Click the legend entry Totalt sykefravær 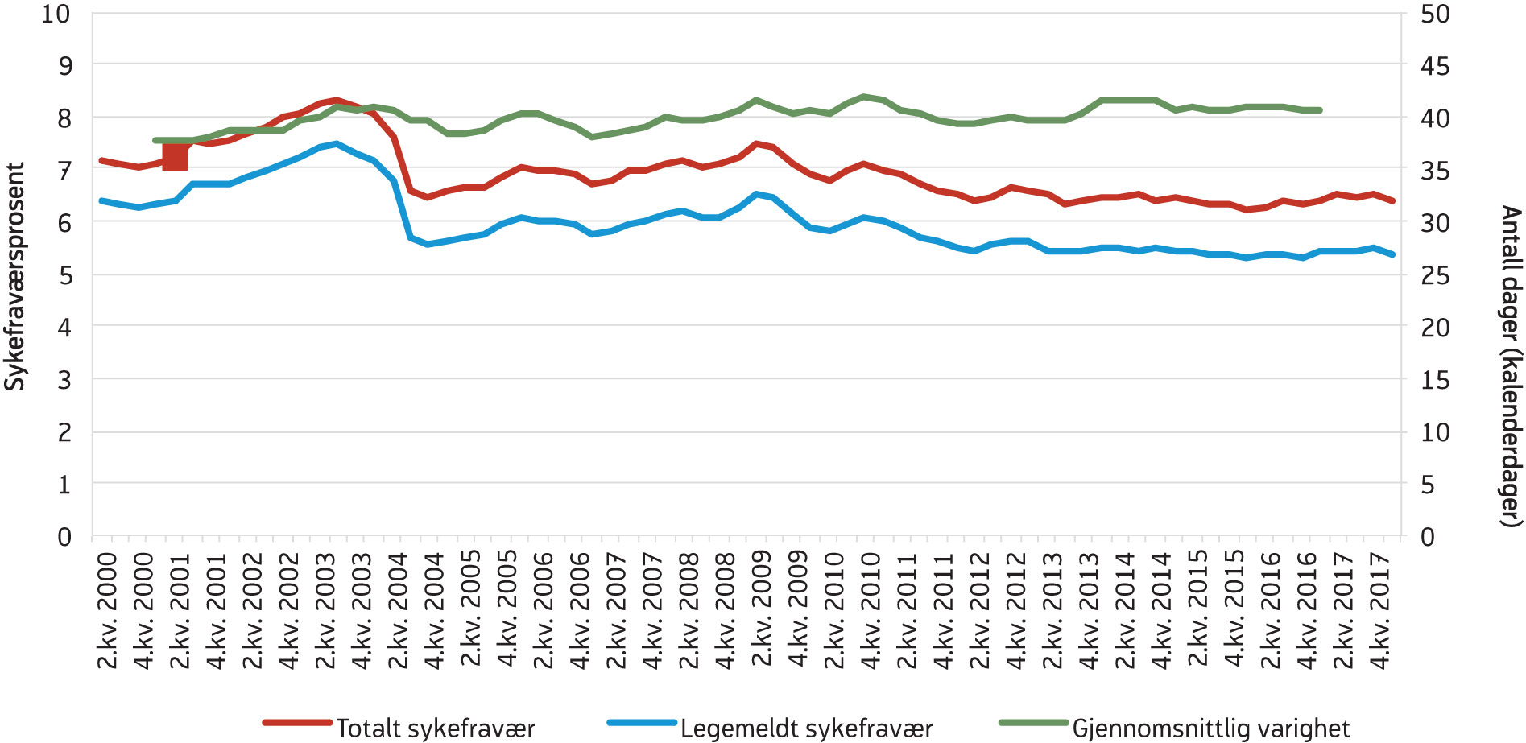(x=435, y=728)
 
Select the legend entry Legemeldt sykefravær (x=805, y=728)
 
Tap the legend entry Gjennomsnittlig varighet (x=1210, y=728)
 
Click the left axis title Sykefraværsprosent (x=14, y=276)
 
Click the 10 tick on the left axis (x=56, y=14)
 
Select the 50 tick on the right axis (x=1435, y=14)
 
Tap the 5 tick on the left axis (x=64, y=275)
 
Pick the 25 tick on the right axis (x=1435, y=275)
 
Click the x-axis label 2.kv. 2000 (x=107, y=610)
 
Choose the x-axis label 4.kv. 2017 (x=1380, y=610)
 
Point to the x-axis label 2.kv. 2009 (x=762, y=610)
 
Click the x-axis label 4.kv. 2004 (x=434, y=610)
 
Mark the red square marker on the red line (x=175, y=156)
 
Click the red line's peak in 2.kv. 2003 (x=337, y=100)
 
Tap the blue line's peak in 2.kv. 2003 (x=337, y=144)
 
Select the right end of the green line (x=1320, y=109)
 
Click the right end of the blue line (x=1392, y=254)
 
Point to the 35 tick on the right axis (x=1435, y=171)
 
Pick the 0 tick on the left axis (x=64, y=537)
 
